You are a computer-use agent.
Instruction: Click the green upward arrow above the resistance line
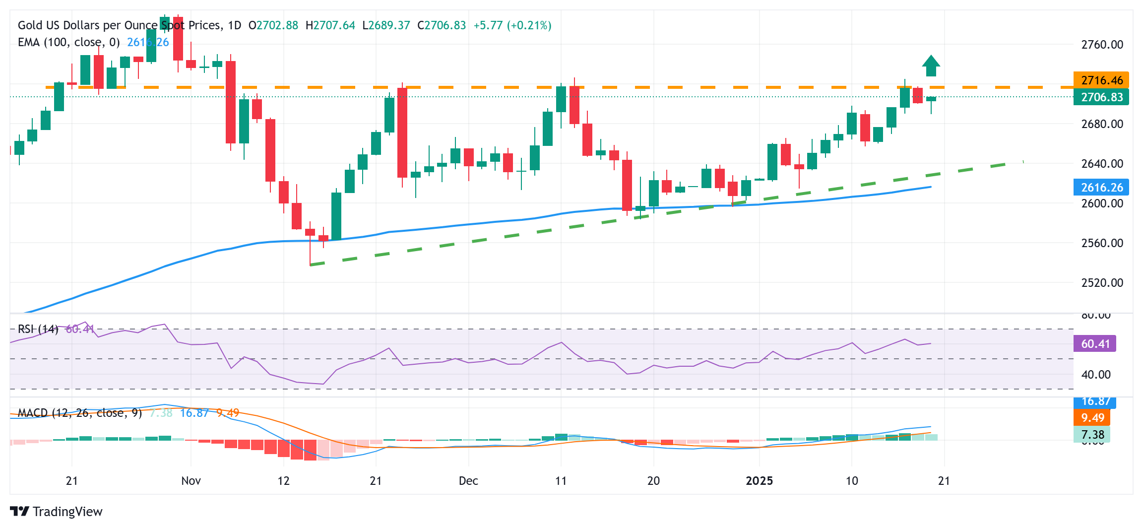click(x=931, y=66)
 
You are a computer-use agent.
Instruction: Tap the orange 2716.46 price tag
click(x=1101, y=80)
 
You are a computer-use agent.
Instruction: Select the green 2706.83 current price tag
click(x=1101, y=97)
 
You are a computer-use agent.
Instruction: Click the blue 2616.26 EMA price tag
click(x=1101, y=187)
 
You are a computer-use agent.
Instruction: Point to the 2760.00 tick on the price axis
click(x=1102, y=45)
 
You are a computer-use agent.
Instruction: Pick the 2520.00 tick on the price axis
click(x=1102, y=283)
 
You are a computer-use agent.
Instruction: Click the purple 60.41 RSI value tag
click(x=1094, y=343)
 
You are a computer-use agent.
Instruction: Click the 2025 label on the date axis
click(x=759, y=481)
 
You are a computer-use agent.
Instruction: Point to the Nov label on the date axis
click(x=191, y=481)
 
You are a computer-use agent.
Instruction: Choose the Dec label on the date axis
click(x=468, y=481)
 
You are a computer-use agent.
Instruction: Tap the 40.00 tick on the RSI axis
click(x=1095, y=375)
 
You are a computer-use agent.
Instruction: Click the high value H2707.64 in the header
click(x=330, y=25)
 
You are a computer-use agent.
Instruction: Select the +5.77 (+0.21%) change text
click(x=512, y=25)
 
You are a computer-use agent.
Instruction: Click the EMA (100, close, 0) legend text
click(x=68, y=42)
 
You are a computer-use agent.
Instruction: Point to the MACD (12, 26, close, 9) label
click(x=79, y=413)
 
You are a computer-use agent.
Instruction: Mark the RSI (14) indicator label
click(x=38, y=329)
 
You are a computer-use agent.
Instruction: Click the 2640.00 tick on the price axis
click(x=1102, y=164)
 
